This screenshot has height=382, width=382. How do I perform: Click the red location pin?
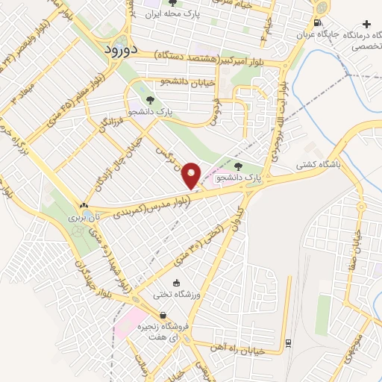coord(192,175)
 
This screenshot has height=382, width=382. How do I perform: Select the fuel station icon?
coord(319,22)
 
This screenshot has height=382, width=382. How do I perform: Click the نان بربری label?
coord(84,218)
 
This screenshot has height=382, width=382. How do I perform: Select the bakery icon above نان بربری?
coord(84,204)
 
